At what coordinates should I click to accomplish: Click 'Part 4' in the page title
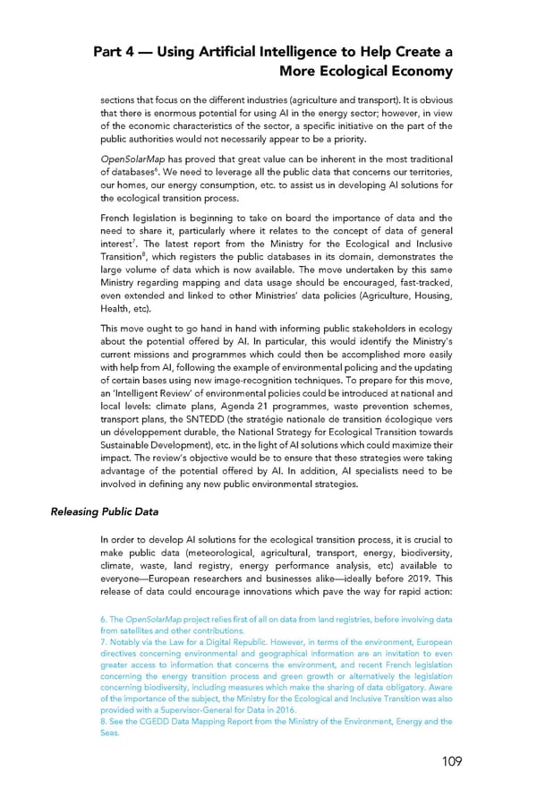[x=117, y=52]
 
